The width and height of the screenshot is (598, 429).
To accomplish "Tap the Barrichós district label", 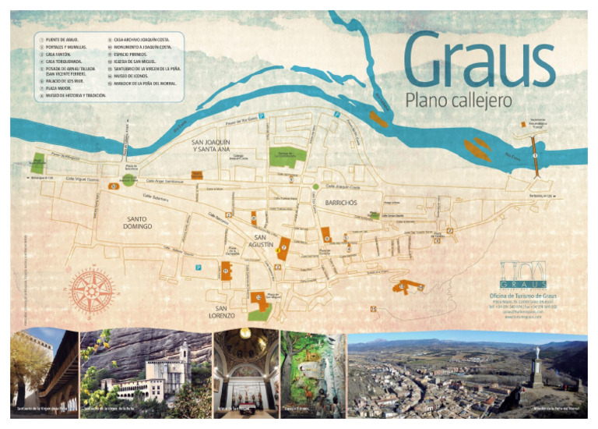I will pos(336,202).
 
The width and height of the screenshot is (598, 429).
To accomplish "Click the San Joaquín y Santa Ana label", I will pos(212,145).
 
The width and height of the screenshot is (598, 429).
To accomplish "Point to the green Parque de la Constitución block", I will pos(286,156).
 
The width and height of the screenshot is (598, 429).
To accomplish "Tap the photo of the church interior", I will pos(245,372).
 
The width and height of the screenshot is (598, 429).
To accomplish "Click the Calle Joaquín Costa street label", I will pos(342,187).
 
